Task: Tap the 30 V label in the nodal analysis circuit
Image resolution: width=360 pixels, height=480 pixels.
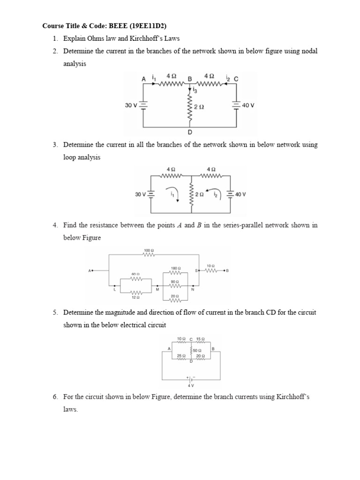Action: pyautogui.click(x=131, y=105)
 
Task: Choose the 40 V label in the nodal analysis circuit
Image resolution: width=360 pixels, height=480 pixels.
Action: pyautogui.click(x=248, y=105)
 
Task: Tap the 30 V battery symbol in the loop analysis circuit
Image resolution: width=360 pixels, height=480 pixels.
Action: pyautogui.click(x=151, y=194)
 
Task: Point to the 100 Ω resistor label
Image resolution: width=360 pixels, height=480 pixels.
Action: pyautogui.click(x=149, y=251)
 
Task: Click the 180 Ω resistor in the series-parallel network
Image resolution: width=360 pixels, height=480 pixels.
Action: pyautogui.click(x=175, y=272)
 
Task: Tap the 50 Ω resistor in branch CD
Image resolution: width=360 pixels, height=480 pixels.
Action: pyautogui.click(x=191, y=351)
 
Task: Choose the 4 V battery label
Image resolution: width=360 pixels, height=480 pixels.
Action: pyautogui.click(x=190, y=385)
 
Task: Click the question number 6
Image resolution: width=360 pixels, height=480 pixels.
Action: pyautogui.click(x=54, y=397)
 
